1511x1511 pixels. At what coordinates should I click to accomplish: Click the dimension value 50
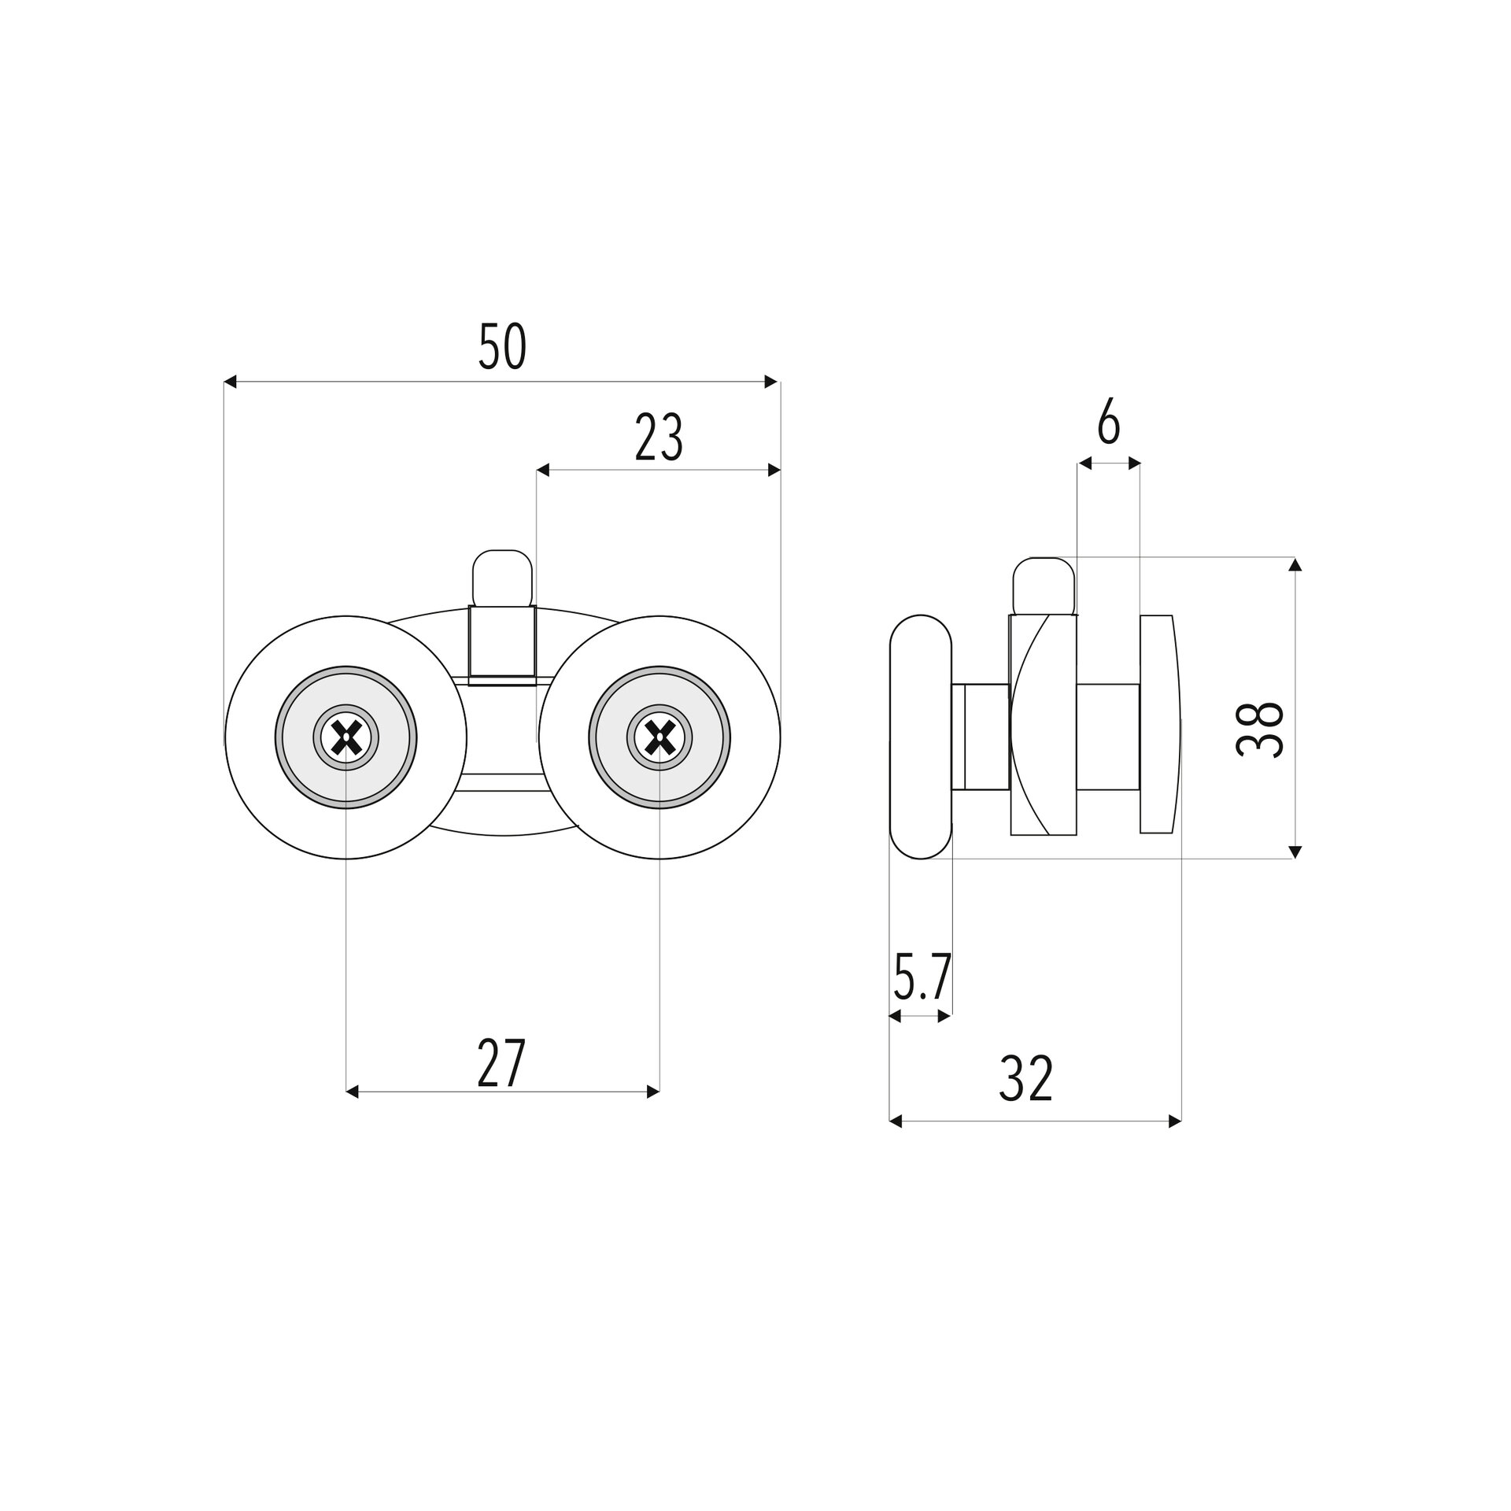coord(501,347)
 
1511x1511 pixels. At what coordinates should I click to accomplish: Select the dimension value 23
coord(659,438)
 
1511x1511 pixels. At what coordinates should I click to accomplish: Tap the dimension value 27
coord(501,1063)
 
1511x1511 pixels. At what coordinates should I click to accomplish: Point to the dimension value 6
coord(1108,425)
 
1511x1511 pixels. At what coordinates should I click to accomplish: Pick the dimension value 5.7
coord(922,977)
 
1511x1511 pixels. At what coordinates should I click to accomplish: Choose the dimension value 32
coord(1025,1079)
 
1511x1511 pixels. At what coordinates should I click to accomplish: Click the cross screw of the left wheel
coord(346,737)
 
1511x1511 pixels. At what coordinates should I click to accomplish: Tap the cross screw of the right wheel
coord(659,737)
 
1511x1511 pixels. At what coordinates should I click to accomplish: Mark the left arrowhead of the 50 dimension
coord(230,382)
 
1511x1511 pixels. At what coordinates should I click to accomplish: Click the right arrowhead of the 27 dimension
coord(653,1092)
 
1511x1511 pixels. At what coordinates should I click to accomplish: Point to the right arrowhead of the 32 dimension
coord(1175,1121)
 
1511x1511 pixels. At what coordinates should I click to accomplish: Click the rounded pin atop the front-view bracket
coord(503,578)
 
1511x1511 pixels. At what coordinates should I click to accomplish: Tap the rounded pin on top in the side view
coord(1044,586)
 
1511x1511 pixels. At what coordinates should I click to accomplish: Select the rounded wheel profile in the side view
coord(921,737)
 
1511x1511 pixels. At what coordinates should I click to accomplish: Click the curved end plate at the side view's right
coord(1161,723)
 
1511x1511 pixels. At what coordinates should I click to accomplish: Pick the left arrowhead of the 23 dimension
coord(542,471)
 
